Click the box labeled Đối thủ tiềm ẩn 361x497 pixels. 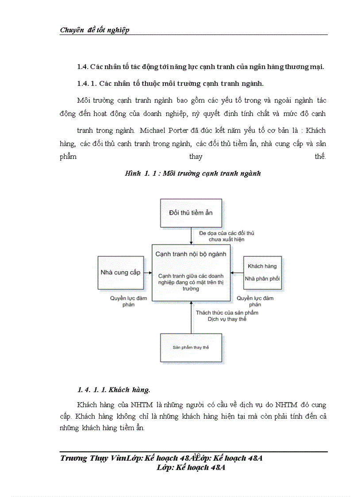[191, 213]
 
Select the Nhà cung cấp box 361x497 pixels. [120, 272]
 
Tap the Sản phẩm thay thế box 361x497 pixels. [191, 347]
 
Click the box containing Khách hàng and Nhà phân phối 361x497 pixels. [262, 272]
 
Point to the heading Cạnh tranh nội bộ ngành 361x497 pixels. [191, 254]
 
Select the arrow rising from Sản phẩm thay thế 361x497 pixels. [191, 316]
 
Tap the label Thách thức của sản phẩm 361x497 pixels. [227, 312]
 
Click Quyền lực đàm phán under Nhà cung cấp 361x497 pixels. [128, 301]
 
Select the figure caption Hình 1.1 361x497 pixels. [193, 173]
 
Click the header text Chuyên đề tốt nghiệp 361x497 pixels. [95, 30]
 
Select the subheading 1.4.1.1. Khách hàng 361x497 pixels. [114, 390]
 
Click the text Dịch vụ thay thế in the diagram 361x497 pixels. [227, 319]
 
